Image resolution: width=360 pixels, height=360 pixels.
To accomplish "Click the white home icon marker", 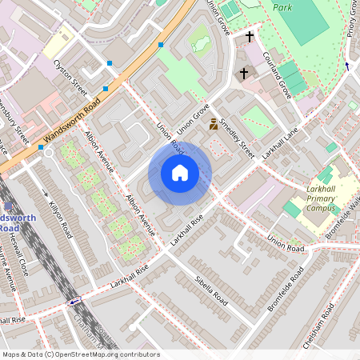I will (180, 173).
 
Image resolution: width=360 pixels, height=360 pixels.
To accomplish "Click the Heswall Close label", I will (21, 260).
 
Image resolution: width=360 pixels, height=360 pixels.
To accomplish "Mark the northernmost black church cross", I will (250, 37).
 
